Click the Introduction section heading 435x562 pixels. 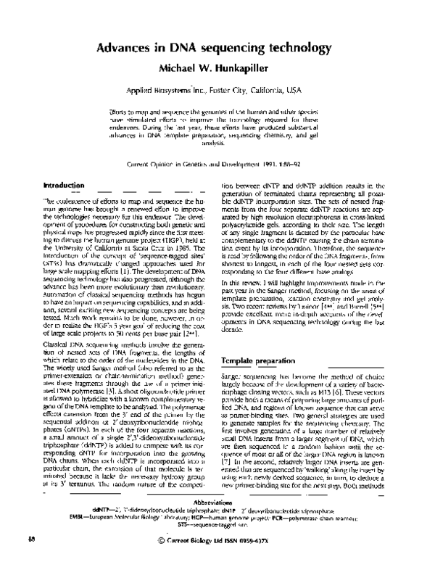click(x=66, y=186)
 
